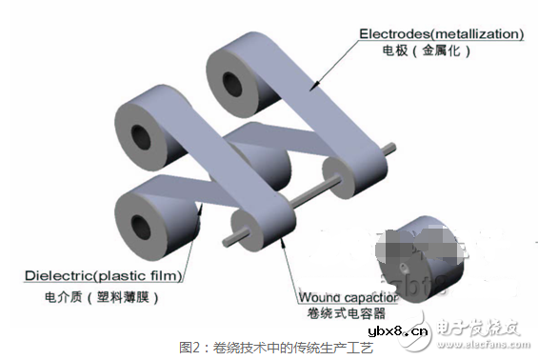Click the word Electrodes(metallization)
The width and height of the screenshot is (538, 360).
tap(441, 34)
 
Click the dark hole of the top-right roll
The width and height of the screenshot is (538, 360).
tap(233, 81)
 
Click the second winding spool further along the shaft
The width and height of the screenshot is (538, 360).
tap(333, 178)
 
